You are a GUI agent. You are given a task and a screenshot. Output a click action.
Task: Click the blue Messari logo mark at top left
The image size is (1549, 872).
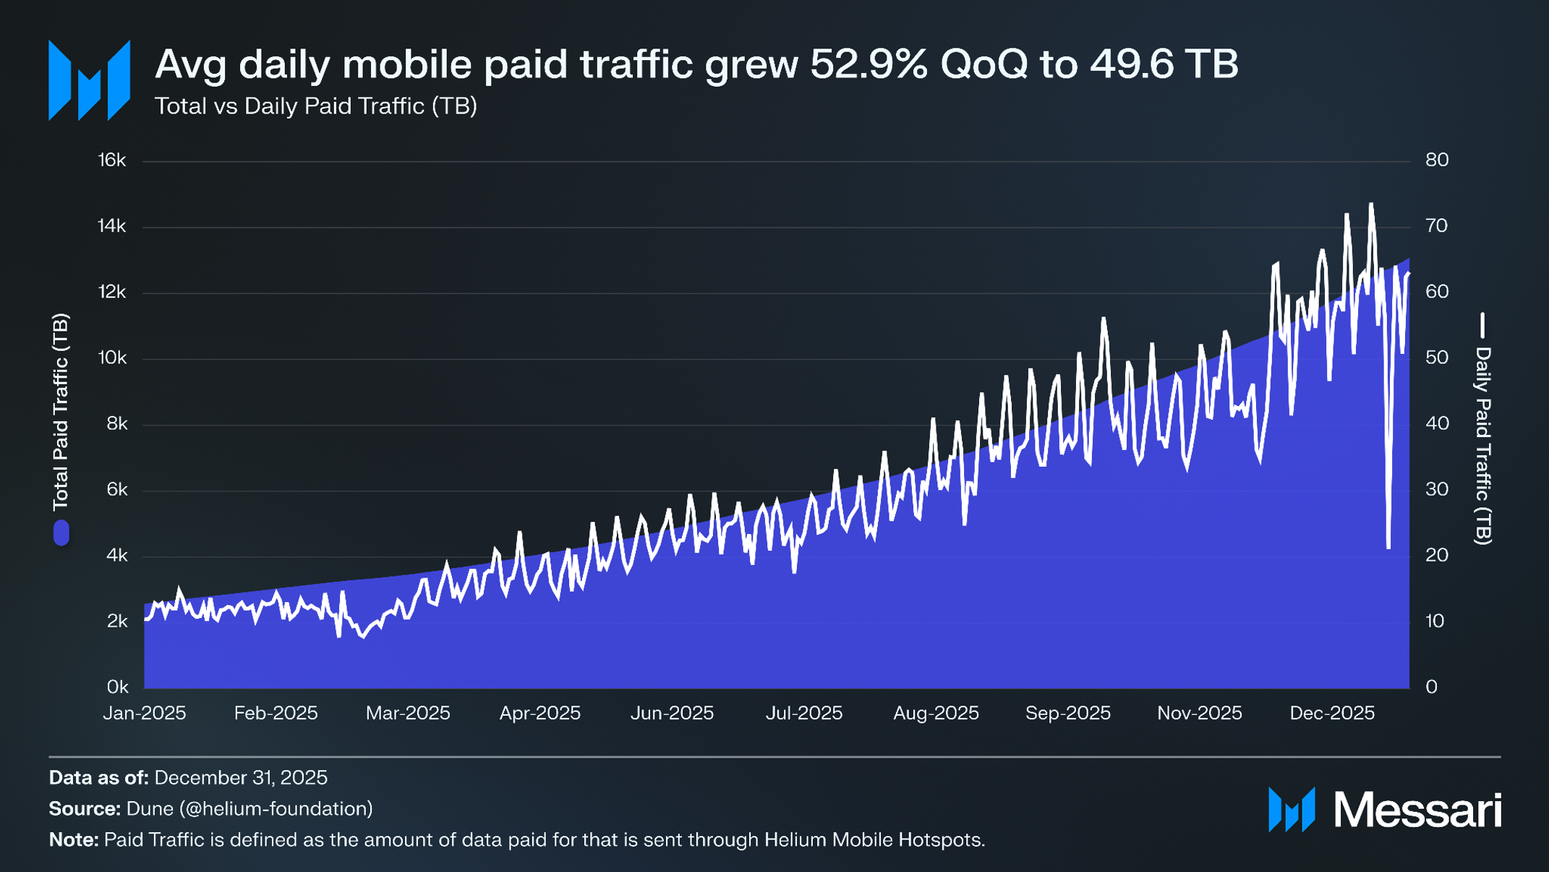(89, 80)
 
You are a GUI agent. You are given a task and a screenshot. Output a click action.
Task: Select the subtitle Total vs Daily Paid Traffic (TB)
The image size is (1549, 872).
(316, 106)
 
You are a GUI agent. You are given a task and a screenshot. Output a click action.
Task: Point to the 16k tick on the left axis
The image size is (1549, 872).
(112, 160)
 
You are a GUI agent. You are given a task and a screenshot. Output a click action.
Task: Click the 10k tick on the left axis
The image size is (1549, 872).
(112, 357)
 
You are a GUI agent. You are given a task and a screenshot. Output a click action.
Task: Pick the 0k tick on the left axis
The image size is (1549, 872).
(116, 686)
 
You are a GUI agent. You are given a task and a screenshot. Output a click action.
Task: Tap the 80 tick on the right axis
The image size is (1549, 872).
(1436, 160)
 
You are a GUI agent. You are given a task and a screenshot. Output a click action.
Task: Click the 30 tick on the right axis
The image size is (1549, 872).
(1436, 489)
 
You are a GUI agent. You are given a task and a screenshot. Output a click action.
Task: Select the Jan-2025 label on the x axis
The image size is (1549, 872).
(145, 713)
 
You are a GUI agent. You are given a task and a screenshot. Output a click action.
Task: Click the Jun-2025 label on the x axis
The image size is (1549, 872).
(672, 713)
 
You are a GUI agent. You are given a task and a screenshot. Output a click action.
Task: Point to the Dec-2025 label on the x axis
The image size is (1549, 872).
(1331, 713)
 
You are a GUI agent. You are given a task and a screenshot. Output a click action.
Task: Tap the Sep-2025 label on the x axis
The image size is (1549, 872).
(1067, 713)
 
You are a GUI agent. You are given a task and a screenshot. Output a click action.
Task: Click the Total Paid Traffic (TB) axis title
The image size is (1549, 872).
(61, 411)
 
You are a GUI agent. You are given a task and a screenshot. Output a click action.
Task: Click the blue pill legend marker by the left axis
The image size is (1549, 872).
(61, 533)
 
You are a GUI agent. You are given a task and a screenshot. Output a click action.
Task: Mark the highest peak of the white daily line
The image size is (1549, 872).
(1370, 205)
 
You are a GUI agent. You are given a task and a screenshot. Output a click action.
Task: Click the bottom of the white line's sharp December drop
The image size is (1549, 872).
(1388, 547)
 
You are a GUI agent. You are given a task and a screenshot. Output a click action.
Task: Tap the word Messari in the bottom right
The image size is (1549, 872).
(1417, 810)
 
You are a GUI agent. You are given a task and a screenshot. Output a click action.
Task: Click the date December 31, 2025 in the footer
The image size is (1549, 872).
(241, 778)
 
